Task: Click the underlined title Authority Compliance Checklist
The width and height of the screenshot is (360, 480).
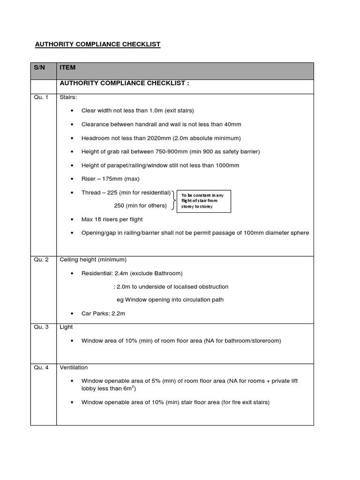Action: (98, 45)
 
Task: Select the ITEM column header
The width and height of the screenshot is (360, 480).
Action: (67, 68)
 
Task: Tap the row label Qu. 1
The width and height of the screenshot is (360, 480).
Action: (40, 97)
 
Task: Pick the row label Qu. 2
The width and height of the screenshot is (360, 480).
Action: (40, 260)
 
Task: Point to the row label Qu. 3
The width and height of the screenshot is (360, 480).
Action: (40, 327)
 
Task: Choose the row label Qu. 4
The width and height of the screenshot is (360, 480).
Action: (40, 367)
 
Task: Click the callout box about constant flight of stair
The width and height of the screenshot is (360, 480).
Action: (203, 201)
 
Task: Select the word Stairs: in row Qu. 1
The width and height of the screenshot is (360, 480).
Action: (68, 97)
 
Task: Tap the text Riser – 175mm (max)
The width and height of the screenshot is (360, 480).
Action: (110, 179)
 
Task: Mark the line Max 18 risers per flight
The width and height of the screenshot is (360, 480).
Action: (112, 219)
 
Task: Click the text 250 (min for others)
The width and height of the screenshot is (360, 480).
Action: (140, 206)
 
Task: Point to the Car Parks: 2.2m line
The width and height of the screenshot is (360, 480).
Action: (103, 314)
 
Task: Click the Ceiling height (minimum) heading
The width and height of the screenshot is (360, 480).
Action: (93, 260)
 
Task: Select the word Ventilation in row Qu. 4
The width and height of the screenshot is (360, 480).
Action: (74, 367)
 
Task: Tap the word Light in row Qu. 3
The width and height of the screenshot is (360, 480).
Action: (66, 327)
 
